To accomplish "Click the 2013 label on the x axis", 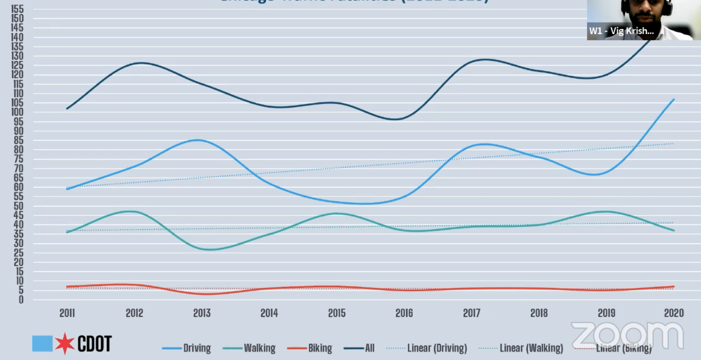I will [202, 313].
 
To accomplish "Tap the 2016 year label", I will [404, 313].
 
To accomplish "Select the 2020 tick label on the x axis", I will [673, 313].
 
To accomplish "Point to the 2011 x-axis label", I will [67, 313].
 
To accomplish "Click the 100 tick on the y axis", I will [18, 112].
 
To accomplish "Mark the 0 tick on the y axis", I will [21, 300].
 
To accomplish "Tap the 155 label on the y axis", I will [18, 9].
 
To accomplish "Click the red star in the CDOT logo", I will [65, 343].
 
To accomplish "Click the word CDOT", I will [95, 344].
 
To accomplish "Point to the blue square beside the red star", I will [42, 343].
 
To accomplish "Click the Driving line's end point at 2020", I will [674, 99].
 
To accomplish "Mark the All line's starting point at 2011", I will [67, 108].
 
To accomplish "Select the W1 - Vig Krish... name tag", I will [621, 31].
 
